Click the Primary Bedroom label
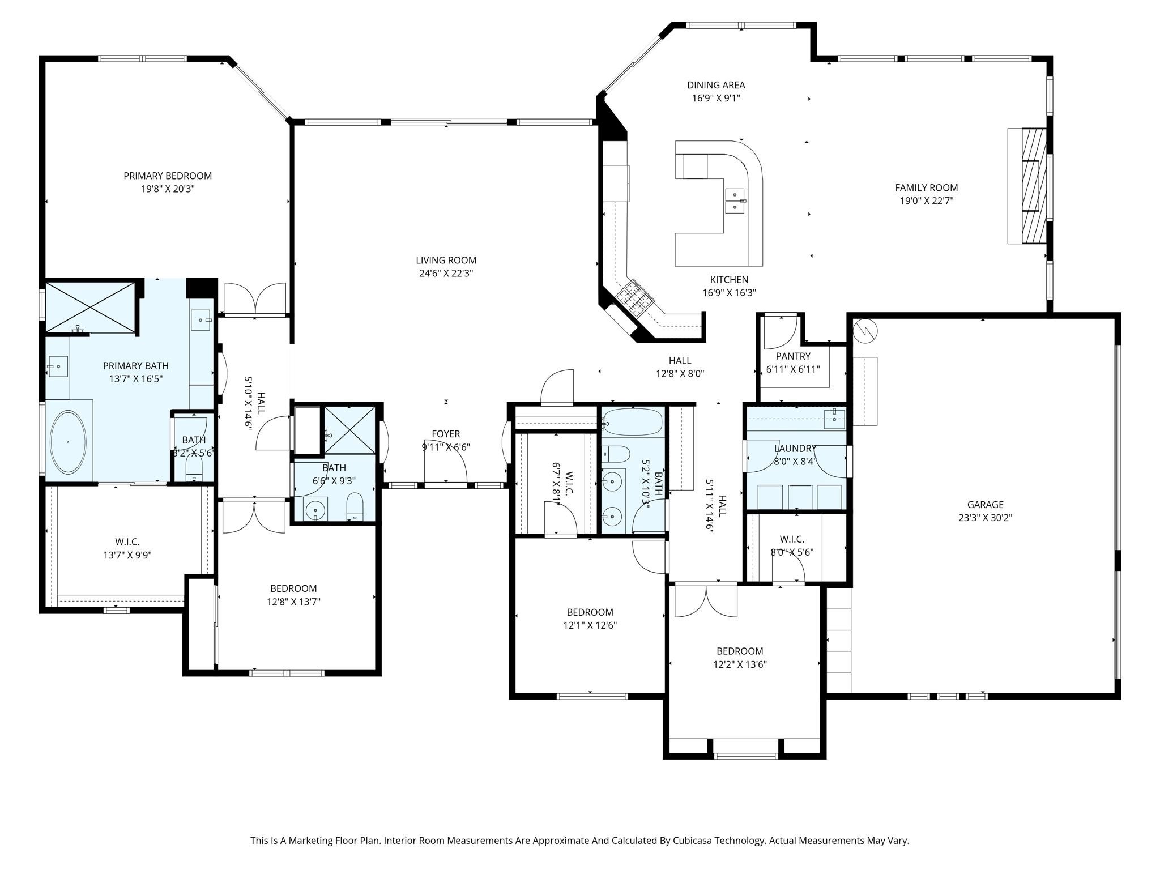click(168, 176)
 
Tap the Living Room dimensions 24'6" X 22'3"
click(446, 274)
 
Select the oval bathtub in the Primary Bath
click(69, 442)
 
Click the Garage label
click(985, 505)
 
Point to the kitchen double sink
click(735, 201)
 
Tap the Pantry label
click(793, 356)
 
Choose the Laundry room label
click(795, 449)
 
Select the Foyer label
click(446, 434)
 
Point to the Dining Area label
click(716, 86)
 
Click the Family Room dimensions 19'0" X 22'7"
click(927, 201)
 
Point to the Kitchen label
click(729, 280)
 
